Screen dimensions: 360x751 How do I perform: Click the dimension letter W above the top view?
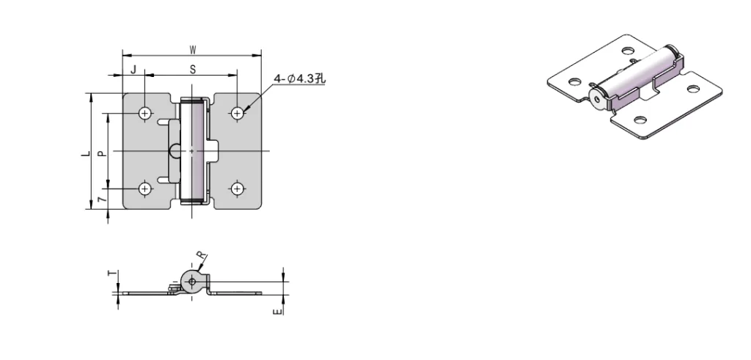(x=192, y=50)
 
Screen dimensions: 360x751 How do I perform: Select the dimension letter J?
(x=133, y=69)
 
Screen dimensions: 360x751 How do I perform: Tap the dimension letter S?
(x=192, y=69)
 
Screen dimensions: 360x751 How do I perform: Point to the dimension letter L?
(x=86, y=153)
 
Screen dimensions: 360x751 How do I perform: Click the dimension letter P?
(x=101, y=153)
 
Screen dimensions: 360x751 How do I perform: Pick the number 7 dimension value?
(x=101, y=199)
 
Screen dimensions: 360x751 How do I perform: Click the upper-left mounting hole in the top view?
(x=145, y=113)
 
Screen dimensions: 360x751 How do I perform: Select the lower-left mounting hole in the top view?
(x=145, y=188)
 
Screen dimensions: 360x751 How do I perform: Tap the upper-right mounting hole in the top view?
(x=237, y=113)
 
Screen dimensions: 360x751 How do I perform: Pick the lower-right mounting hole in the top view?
(x=237, y=188)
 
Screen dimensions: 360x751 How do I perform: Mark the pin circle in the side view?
(x=191, y=280)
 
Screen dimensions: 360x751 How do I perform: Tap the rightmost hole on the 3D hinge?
(x=693, y=89)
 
